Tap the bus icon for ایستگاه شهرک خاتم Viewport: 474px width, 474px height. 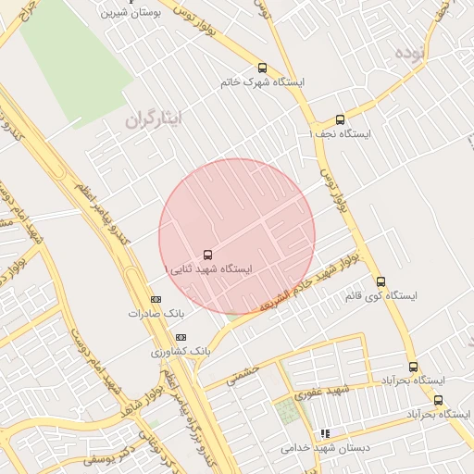pyautogui.click(x=262, y=68)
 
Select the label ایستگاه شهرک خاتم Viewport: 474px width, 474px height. pyautogui.click(x=262, y=82)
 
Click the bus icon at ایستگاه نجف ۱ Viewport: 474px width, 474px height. pyautogui.click(x=340, y=119)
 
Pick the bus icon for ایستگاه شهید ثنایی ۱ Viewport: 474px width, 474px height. pyautogui.click(x=206, y=254)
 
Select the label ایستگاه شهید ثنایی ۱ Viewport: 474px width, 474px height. pyautogui.click(x=207, y=268)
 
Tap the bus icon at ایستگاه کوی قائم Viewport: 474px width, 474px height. pyautogui.click(x=380, y=281)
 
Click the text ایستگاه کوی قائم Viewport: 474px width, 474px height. pyautogui.click(x=380, y=296)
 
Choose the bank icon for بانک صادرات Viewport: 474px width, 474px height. pyautogui.click(x=156, y=299)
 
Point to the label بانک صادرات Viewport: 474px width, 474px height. pyautogui.click(x=151, y=314)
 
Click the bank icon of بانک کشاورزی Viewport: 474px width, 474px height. pyautogui.click(x=181, y=338)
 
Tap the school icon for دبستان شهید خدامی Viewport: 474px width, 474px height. pyautogui.click(x=324, y=433)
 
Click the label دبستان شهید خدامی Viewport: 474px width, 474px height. pyautogui.click(x=324, y=448)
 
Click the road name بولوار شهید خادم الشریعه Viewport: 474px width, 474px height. pyautogui.click(x=296, y=285)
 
